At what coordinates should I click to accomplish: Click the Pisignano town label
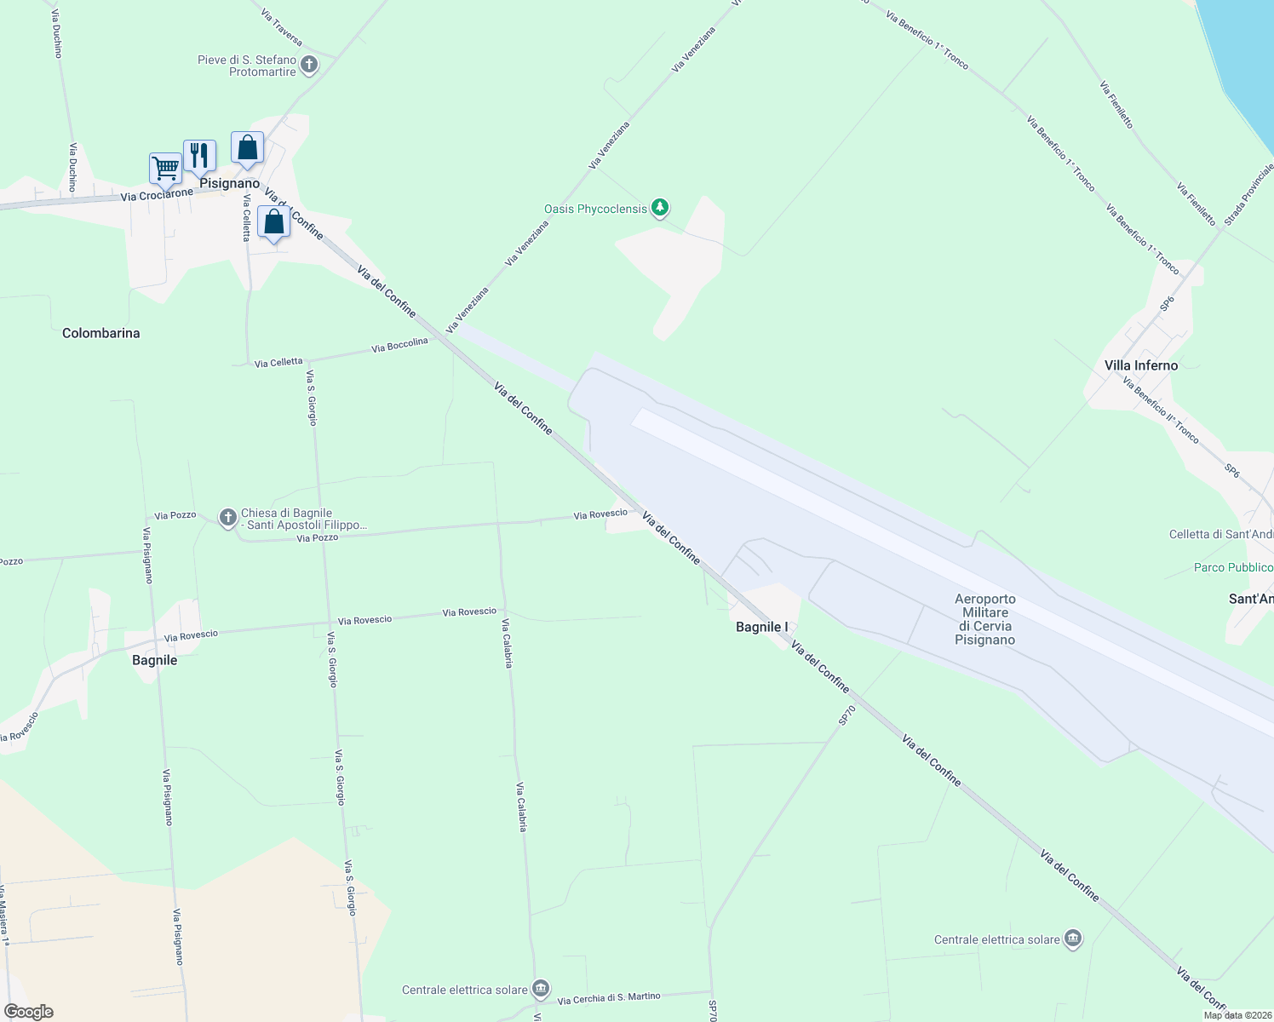229,183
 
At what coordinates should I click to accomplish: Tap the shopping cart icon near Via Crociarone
164,168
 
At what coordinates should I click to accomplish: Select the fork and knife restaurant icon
199,155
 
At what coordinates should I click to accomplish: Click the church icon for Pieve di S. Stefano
309,64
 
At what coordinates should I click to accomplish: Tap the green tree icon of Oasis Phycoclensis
659,207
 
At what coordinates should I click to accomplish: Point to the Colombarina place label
100,333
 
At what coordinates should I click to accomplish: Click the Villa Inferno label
1140,365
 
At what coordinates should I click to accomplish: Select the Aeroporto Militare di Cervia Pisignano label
984,619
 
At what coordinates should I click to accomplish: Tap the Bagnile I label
762,627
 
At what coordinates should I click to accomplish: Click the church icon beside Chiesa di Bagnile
227,518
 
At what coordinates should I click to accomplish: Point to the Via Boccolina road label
399,345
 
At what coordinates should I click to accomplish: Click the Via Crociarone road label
157,195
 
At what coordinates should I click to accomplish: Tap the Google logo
29,1012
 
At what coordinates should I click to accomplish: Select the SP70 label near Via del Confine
846,715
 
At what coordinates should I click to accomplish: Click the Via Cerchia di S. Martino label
609,997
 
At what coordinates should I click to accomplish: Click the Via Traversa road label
282,27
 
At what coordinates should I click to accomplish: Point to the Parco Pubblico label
1233,567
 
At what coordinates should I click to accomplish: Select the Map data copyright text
1235,1015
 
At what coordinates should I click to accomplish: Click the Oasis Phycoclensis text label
595,209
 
